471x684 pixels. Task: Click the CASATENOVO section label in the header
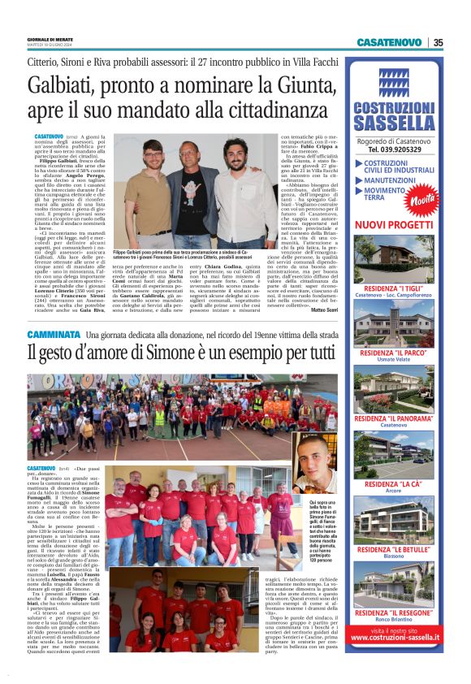389,43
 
